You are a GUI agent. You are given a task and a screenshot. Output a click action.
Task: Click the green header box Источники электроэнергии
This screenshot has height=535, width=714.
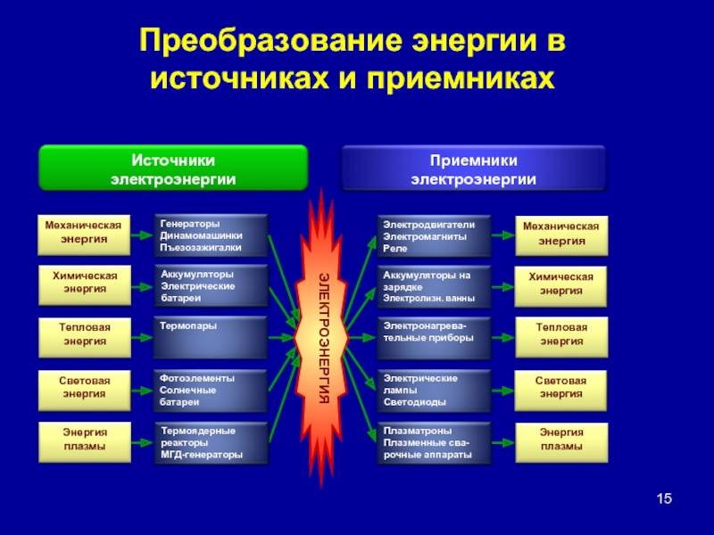[173, 168]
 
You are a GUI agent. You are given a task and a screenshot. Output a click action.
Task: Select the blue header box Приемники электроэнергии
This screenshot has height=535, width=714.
[474, 169]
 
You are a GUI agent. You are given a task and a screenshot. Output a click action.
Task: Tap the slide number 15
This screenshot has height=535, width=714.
[664, 498]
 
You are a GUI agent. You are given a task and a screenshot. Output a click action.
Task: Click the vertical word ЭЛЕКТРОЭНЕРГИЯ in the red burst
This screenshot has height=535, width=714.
[323, 338]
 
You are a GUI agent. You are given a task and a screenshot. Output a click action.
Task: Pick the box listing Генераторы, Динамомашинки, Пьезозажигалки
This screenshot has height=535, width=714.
[211, 235]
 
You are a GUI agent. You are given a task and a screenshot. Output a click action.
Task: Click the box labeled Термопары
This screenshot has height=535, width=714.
[211, 338]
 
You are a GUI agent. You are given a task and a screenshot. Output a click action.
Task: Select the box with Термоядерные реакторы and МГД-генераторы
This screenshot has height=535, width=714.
[211, 443]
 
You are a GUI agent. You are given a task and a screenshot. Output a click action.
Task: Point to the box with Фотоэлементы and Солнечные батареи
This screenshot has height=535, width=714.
[211, 391]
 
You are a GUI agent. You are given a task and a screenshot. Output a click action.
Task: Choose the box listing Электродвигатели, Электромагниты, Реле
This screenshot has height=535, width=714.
[434, 236]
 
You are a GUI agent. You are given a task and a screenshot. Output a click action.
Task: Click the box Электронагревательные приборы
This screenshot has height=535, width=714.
[434, 338]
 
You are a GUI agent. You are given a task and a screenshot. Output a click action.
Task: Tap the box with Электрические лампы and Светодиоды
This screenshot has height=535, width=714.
[434, 391]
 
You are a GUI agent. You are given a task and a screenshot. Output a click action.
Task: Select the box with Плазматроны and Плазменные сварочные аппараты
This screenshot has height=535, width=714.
[434, 443]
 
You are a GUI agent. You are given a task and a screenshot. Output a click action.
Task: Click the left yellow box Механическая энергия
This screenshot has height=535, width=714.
[84, 235]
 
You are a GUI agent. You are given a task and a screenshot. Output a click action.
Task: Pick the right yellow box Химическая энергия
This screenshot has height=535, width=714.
[561, 286]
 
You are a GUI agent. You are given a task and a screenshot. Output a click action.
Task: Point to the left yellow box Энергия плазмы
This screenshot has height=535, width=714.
[85, 442]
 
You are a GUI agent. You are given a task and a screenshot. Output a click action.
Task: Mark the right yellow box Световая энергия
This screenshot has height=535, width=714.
[561, 391]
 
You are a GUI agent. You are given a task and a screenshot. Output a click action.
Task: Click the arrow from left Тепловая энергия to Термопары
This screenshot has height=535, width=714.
[142, 338]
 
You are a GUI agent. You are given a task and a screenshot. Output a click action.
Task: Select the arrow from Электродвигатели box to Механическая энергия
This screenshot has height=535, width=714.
[503, 235]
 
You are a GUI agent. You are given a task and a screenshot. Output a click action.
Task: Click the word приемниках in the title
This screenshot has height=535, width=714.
[461, 79]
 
